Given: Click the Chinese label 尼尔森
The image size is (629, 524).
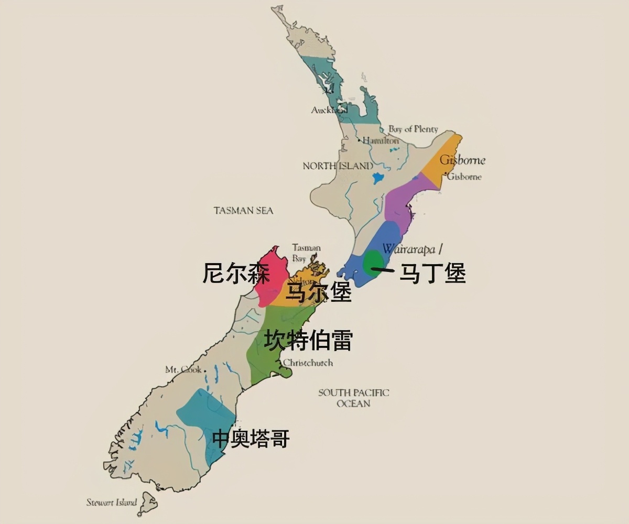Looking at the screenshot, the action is tap(236, 273).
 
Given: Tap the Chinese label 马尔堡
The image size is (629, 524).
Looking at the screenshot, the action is tap(318, 293).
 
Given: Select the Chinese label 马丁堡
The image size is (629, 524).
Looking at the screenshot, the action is tap(432, 273).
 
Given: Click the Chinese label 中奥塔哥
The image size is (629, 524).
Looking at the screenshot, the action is tap(251, 438).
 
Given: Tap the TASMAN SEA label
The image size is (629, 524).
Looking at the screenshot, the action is tap(243, 210).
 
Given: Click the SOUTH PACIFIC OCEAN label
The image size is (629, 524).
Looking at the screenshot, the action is tap(354, 398).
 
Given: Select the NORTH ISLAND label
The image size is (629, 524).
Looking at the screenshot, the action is tap(338, 166).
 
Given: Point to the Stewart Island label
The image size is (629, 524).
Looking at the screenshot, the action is tap(112, 502).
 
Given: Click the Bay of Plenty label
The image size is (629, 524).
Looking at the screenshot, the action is tap(413, 129).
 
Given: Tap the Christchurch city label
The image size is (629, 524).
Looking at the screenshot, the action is tap(308, 363).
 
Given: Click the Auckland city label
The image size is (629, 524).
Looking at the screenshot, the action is tap(329, 110).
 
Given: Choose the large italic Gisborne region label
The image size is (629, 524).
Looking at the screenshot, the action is tap(462, 160).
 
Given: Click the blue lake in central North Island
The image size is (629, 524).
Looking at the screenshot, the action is tap(376, 178).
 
